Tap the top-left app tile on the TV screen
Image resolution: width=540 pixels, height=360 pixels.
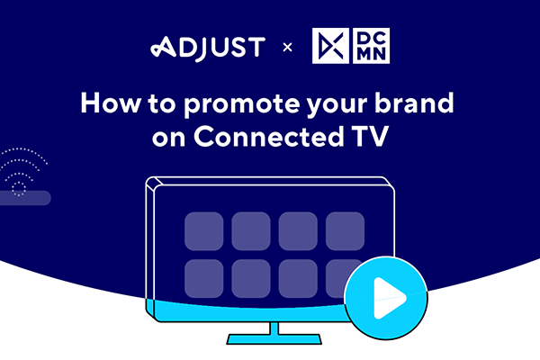click(204, 231)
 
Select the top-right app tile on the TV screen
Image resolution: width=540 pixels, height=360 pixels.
click(345, 231)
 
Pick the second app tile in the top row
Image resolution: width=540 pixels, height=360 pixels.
click(251, 231)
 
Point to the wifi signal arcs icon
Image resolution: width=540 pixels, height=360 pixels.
click(24, 171)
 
